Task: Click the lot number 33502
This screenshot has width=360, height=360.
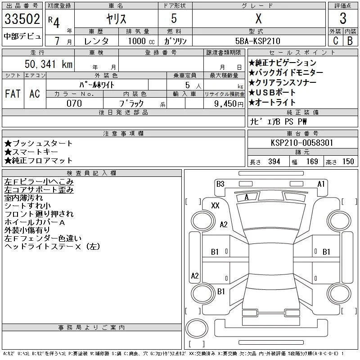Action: pos(22,19)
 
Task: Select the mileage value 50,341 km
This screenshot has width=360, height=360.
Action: pos(49,64)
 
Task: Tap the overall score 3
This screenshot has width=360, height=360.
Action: pos(343,18)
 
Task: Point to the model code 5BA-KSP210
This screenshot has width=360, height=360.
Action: pos(257,41)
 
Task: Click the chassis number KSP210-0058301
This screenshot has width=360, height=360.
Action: pos(302,143)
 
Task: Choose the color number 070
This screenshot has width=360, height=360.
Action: pos(74,103)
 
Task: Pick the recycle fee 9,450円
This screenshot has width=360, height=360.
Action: pos(229,104)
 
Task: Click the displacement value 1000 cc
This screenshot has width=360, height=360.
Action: pos(141,41)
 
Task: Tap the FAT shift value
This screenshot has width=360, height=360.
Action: pos(13,94)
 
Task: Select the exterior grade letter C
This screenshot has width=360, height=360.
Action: pos(335,41)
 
